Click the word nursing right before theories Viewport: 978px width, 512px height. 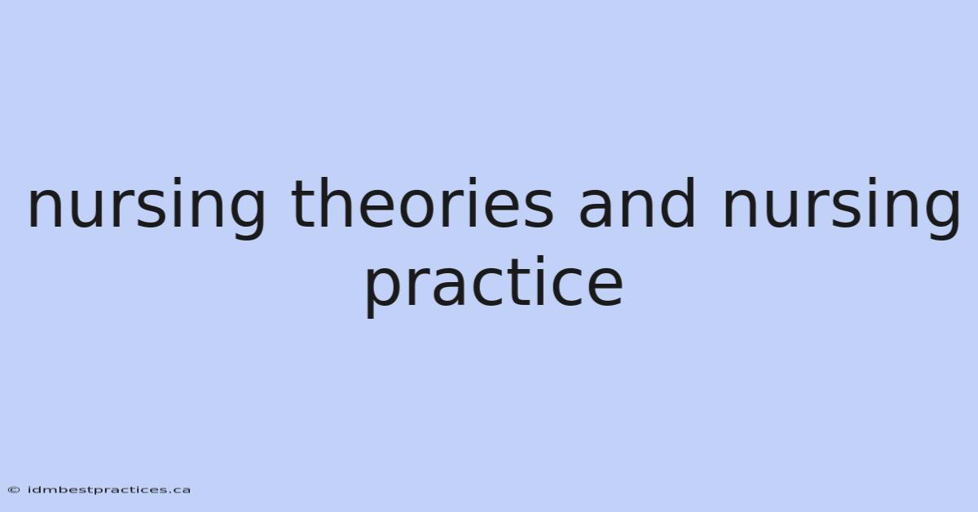click(x=146, y=208)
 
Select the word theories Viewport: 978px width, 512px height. click(x=423, y=202)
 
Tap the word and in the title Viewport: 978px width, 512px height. click(x=637, y=202)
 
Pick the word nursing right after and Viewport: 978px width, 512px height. click(x=841, y=208)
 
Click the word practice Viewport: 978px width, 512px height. click(x=494, y=287)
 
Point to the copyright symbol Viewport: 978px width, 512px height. click(x=14, y=490)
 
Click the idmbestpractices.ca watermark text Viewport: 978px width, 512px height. click(x=109, y=490)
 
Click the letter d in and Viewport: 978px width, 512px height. click(x=677, y=202)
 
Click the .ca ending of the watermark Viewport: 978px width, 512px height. click(x=180, y=491)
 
